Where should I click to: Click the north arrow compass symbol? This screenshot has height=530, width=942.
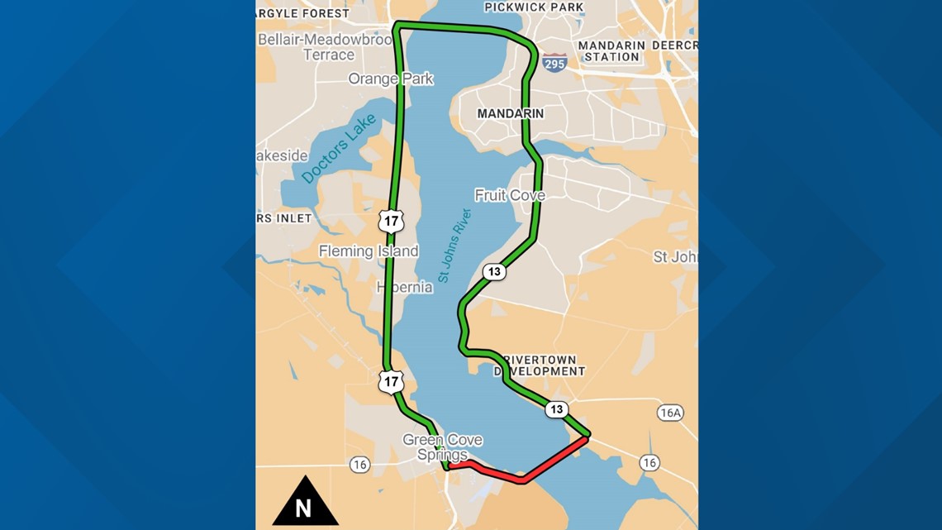point(305,502)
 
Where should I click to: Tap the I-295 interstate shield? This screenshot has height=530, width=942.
point(554,63)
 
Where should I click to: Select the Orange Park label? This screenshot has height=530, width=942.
point(391,79)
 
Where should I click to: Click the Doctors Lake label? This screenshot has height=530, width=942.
point(339,149)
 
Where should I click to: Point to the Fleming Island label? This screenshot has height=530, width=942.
point(369,251)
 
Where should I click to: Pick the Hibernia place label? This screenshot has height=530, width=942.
point(405,287)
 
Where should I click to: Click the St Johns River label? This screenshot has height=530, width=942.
point(454,246)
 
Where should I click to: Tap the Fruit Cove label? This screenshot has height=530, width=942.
point(510,195)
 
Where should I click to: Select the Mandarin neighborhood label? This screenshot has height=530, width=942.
point(510,113)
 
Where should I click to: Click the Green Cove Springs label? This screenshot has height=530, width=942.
point(442,446)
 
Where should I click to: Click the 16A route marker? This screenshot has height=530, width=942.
point(670,413)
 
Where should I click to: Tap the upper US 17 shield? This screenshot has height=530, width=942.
point(392,220)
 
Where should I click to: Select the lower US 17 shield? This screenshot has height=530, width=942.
point(392,381)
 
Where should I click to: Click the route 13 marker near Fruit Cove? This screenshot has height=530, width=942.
point(494,271)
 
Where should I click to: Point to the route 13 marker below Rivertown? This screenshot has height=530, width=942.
point(556,409)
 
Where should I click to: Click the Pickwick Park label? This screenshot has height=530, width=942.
point(534,7)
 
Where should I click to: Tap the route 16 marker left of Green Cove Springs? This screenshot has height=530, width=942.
point(359,465)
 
